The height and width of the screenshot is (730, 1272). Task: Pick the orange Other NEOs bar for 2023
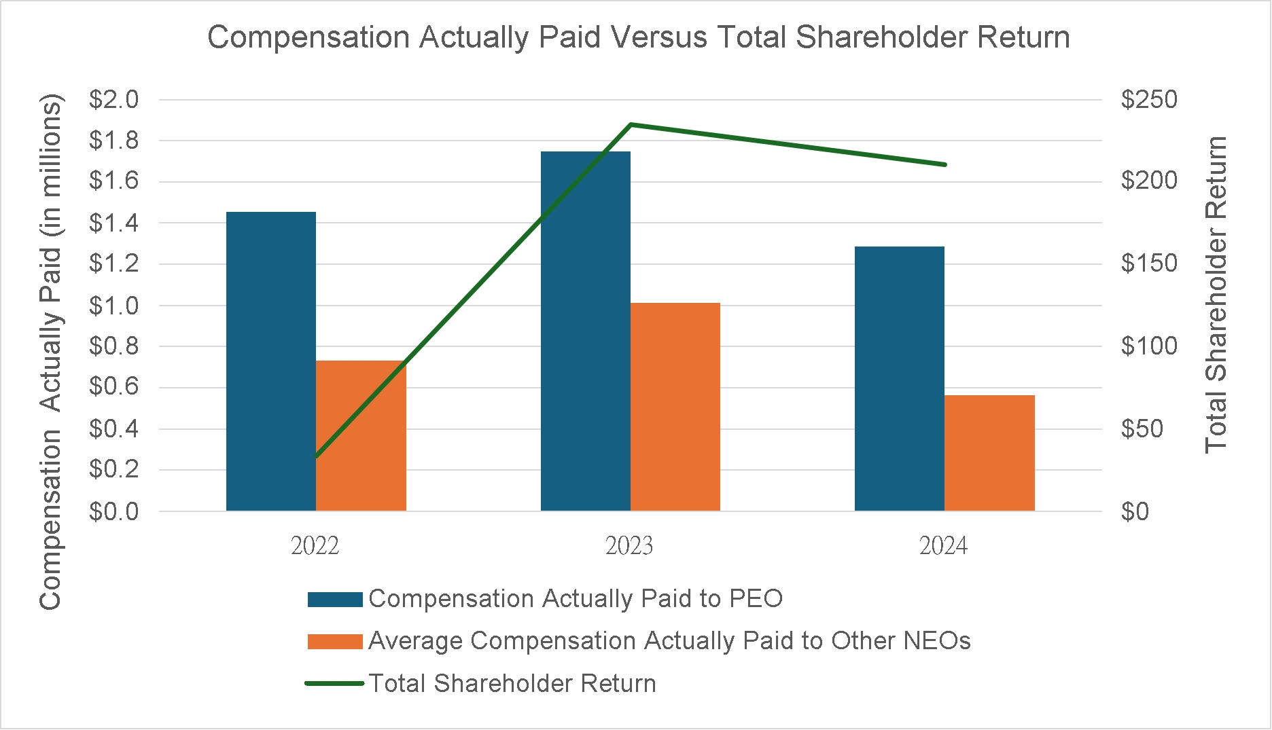coord(675,407)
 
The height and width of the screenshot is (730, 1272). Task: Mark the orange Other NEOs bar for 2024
coord(989,453)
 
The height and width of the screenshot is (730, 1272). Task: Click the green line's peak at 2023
coord(631,124)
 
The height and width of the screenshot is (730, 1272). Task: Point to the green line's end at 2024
coord(944,164)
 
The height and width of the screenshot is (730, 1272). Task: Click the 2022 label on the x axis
coord(315,546)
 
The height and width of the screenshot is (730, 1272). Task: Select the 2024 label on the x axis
coord(943,546)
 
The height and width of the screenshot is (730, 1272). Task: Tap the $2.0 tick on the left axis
coord(113,100)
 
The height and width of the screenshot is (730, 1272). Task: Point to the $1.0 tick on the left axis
coord(113,306)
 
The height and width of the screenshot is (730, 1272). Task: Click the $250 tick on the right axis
coord(1149,100)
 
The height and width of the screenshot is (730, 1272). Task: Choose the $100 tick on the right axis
coord(1149,346)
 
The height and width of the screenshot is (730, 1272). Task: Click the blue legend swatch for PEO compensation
coord(334,599)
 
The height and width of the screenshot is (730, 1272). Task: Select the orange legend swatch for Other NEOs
coord(334,641)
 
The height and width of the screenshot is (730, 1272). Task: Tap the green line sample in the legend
coord(334,683)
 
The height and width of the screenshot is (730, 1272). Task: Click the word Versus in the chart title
coord(658,37)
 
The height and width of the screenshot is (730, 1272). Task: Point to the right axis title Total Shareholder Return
coord(1216,295)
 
